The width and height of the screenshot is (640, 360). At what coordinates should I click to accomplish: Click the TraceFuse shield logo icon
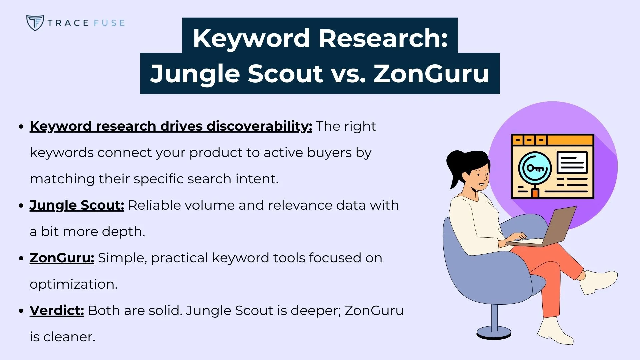tap(35, 23)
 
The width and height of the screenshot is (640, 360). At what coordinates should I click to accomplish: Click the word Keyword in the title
tap(251, 38)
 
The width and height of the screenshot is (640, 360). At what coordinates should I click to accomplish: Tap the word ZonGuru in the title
tap(431, 73)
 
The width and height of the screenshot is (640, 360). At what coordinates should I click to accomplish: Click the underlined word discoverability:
tap(259, 126)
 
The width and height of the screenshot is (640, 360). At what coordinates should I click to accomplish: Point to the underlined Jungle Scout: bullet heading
tap(77, 205)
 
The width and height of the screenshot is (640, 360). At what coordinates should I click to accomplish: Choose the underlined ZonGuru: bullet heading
tap(62, 258)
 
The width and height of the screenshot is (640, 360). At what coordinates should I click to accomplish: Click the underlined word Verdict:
tap(57, 311)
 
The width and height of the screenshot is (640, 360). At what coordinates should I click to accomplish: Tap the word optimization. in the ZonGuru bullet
tap(73, 284)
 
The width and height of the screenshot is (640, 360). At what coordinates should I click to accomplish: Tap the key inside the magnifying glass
tap(535, 168)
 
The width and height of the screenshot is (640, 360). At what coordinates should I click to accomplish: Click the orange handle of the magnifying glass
tap(535, 193)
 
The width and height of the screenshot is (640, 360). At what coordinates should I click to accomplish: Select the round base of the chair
tap(494, 333)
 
